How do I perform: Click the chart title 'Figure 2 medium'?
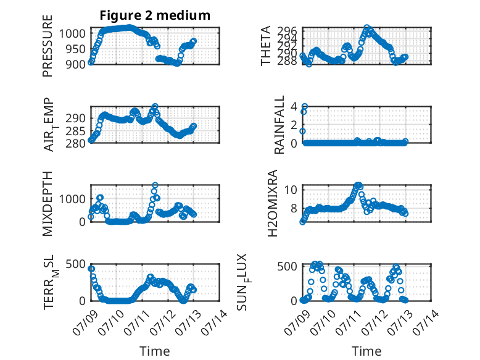coord(155,15)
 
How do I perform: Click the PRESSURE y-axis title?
coord(48,46)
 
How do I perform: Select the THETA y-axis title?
coord(266,46)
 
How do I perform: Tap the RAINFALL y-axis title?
coord(279,125)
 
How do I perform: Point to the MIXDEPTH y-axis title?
coord(48,203)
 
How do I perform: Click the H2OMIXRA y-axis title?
coord(272,203)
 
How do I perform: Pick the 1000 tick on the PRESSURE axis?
coord(72,33)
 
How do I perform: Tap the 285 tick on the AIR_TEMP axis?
coord(75,131)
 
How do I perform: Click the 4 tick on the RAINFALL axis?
coord(294,107)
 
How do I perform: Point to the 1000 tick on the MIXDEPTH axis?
coord(72,199)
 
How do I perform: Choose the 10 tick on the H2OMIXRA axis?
coord(291,190)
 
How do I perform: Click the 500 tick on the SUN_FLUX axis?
coord(287,266)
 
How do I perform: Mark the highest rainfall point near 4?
coord(305,107)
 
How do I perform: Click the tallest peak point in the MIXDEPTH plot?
coord(155,185)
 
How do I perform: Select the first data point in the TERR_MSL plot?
coord(91,269)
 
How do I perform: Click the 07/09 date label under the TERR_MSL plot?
coord(85,322)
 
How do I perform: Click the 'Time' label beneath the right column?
coord(366,351)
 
